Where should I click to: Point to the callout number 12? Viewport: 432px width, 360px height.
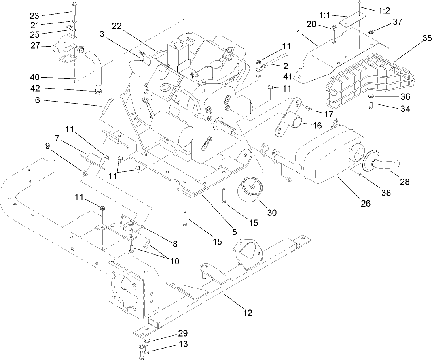248,312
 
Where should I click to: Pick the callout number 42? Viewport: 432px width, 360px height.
34,89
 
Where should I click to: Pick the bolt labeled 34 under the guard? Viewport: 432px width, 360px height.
371,107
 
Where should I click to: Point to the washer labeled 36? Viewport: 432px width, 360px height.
371,97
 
